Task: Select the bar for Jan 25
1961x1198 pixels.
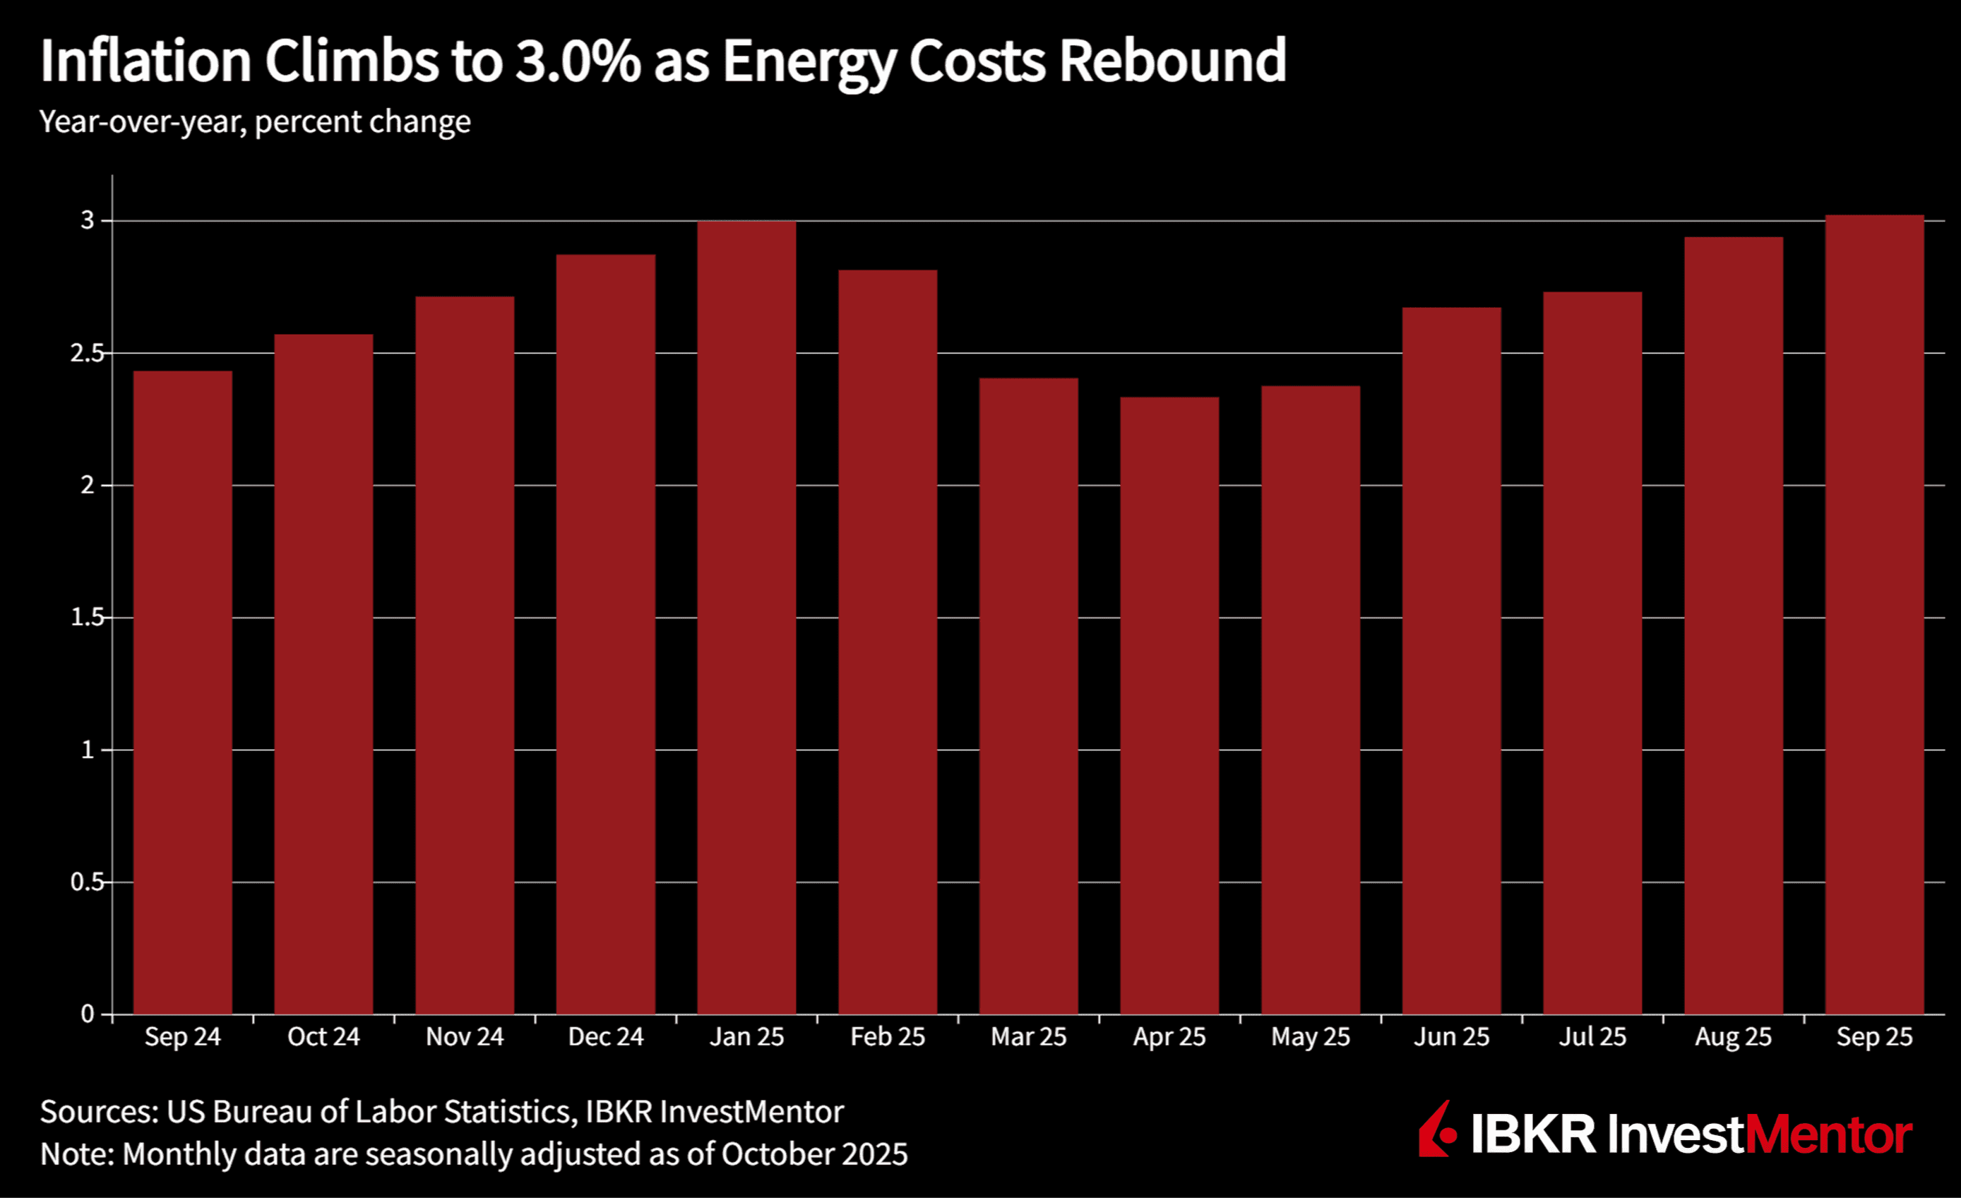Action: [746, 617]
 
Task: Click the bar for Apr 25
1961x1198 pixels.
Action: [1169, 705]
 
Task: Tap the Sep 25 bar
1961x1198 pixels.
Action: [1874, 614]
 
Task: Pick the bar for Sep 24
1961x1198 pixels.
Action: [182, 692]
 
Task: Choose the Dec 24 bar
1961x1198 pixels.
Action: [606, 634]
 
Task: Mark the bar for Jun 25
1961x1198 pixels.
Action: [1452, 660]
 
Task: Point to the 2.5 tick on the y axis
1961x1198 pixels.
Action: [87, 353]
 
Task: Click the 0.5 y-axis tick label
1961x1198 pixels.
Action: [87, 882]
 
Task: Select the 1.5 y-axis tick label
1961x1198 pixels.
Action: [87, 617]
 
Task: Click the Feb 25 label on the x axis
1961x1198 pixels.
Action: [888, 1037]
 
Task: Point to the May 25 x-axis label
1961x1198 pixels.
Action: [1310, 1037]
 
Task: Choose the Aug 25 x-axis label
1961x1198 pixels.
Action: [1734, 1037]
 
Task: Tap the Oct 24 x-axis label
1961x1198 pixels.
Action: [323, 1037]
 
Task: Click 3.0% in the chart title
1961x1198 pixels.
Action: [578, 61]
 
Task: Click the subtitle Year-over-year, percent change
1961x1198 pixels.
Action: [255, 121]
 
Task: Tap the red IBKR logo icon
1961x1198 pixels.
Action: [1437, 1130]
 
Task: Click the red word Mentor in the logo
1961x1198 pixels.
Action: [1829, 1134]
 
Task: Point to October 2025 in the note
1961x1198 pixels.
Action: [814, 1154]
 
